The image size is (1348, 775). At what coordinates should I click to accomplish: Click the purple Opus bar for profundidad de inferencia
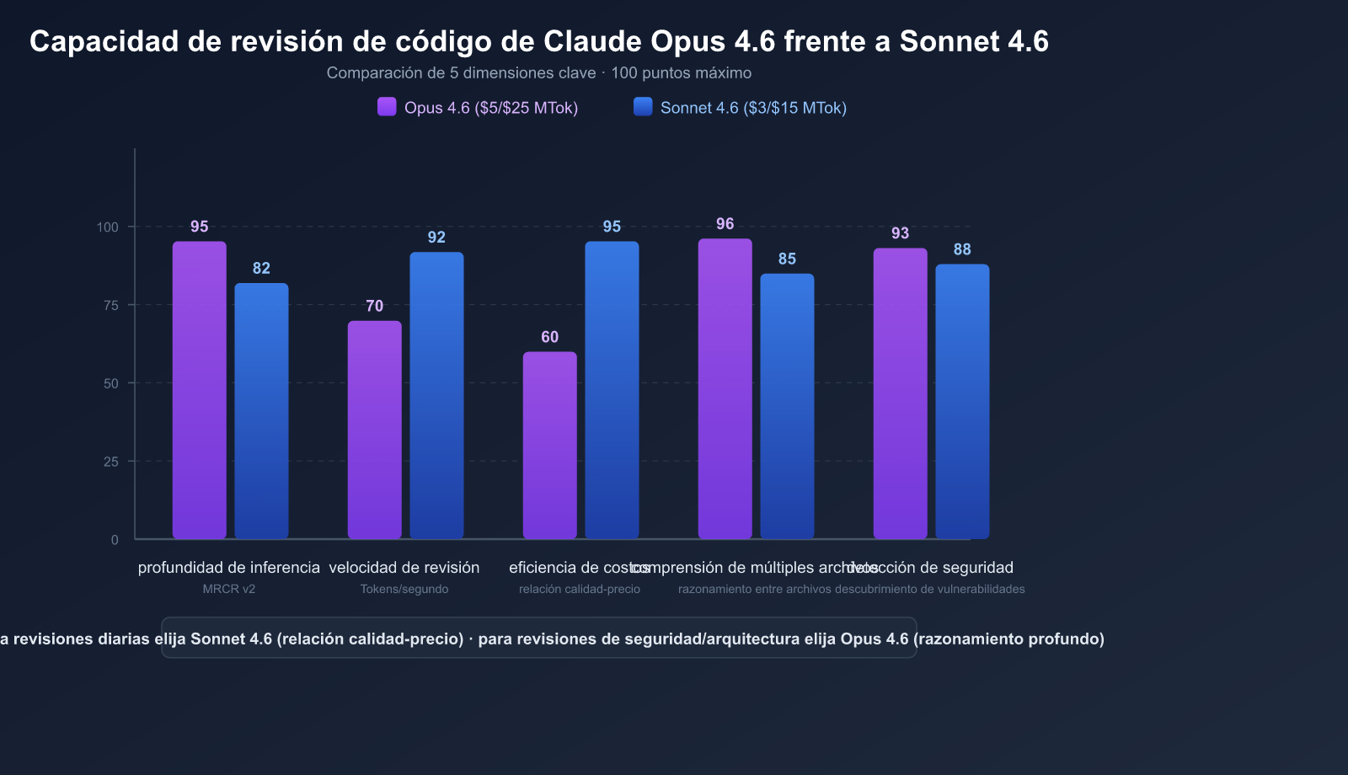[x=200, y=390]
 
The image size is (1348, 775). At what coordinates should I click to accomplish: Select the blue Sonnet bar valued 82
[x=261, y=411]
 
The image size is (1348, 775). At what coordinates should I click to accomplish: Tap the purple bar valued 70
[x=375, y=430]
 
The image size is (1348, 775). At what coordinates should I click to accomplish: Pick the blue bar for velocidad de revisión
[x=436, y=395]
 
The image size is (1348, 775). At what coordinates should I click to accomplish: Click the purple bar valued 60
[x=550, y=445]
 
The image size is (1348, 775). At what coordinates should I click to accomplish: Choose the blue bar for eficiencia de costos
[x=612, y=390]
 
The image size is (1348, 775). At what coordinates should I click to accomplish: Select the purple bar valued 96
[x=725, y=388]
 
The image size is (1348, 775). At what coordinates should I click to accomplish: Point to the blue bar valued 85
[x=787, y=406]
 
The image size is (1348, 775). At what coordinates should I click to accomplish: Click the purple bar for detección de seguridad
[x=900, y=393]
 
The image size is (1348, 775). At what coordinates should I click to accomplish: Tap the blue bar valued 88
[x=962, y=401]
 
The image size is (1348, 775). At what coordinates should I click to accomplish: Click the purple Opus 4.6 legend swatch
[x=387, y=107]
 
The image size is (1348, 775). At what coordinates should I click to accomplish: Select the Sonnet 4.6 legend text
[x=753, y=108]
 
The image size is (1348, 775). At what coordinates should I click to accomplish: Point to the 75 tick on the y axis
[x=110, y=305]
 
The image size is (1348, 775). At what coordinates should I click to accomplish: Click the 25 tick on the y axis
[x=110, y=462]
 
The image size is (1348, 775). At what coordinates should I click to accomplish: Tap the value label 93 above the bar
[x=900, y=233]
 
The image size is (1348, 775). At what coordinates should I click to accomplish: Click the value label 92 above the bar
[x=436, y=238]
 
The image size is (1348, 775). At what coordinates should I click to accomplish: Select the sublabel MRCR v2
[x=228, y=589]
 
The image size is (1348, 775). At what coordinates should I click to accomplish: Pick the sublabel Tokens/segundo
[x=404, y=589]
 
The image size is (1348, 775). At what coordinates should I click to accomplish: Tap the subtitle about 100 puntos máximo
[x=539, y=73]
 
